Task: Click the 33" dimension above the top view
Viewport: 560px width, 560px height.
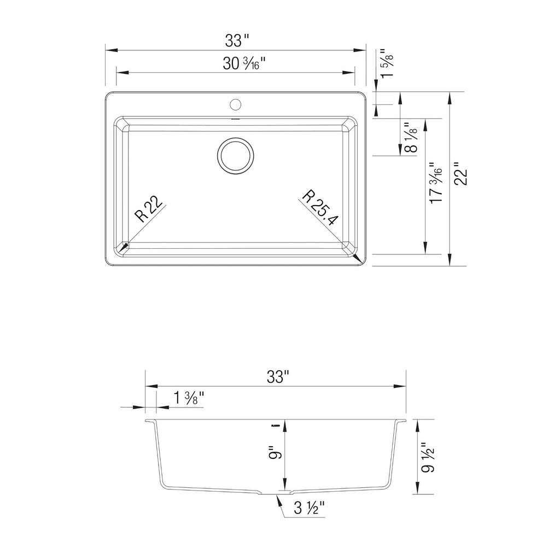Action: pyautogui.click(x=236, y=40)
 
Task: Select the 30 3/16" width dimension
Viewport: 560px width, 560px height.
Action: pyautogui.click(x=244, y=63)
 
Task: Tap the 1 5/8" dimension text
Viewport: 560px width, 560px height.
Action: pyautogui.click(x=387, y=63)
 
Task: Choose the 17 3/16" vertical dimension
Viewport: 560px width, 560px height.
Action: pyautogui.click(x=436, y=183)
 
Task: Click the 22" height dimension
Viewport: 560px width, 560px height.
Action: pyautogui.click(x=460, y=174)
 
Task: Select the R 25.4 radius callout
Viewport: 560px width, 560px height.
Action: pyautogui.click(x=319, y=208)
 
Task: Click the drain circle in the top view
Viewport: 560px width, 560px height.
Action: pyautogui.click(x=235, y=156)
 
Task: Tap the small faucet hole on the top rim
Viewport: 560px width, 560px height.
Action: pyautogui.click(x=235, y=104)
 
